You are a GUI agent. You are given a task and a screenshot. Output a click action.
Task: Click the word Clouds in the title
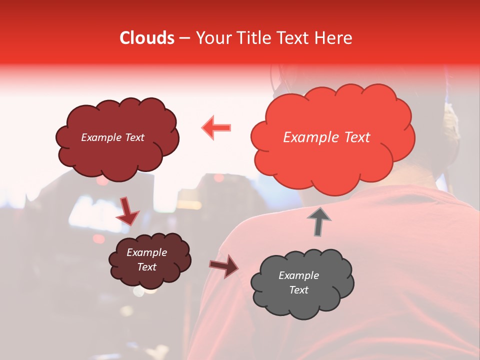(147, 38)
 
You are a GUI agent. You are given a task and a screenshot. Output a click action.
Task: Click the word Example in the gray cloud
(298, 275)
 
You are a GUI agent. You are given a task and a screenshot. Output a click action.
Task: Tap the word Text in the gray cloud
(298, 290)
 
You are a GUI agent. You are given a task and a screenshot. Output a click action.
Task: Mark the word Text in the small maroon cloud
(146, 267)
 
